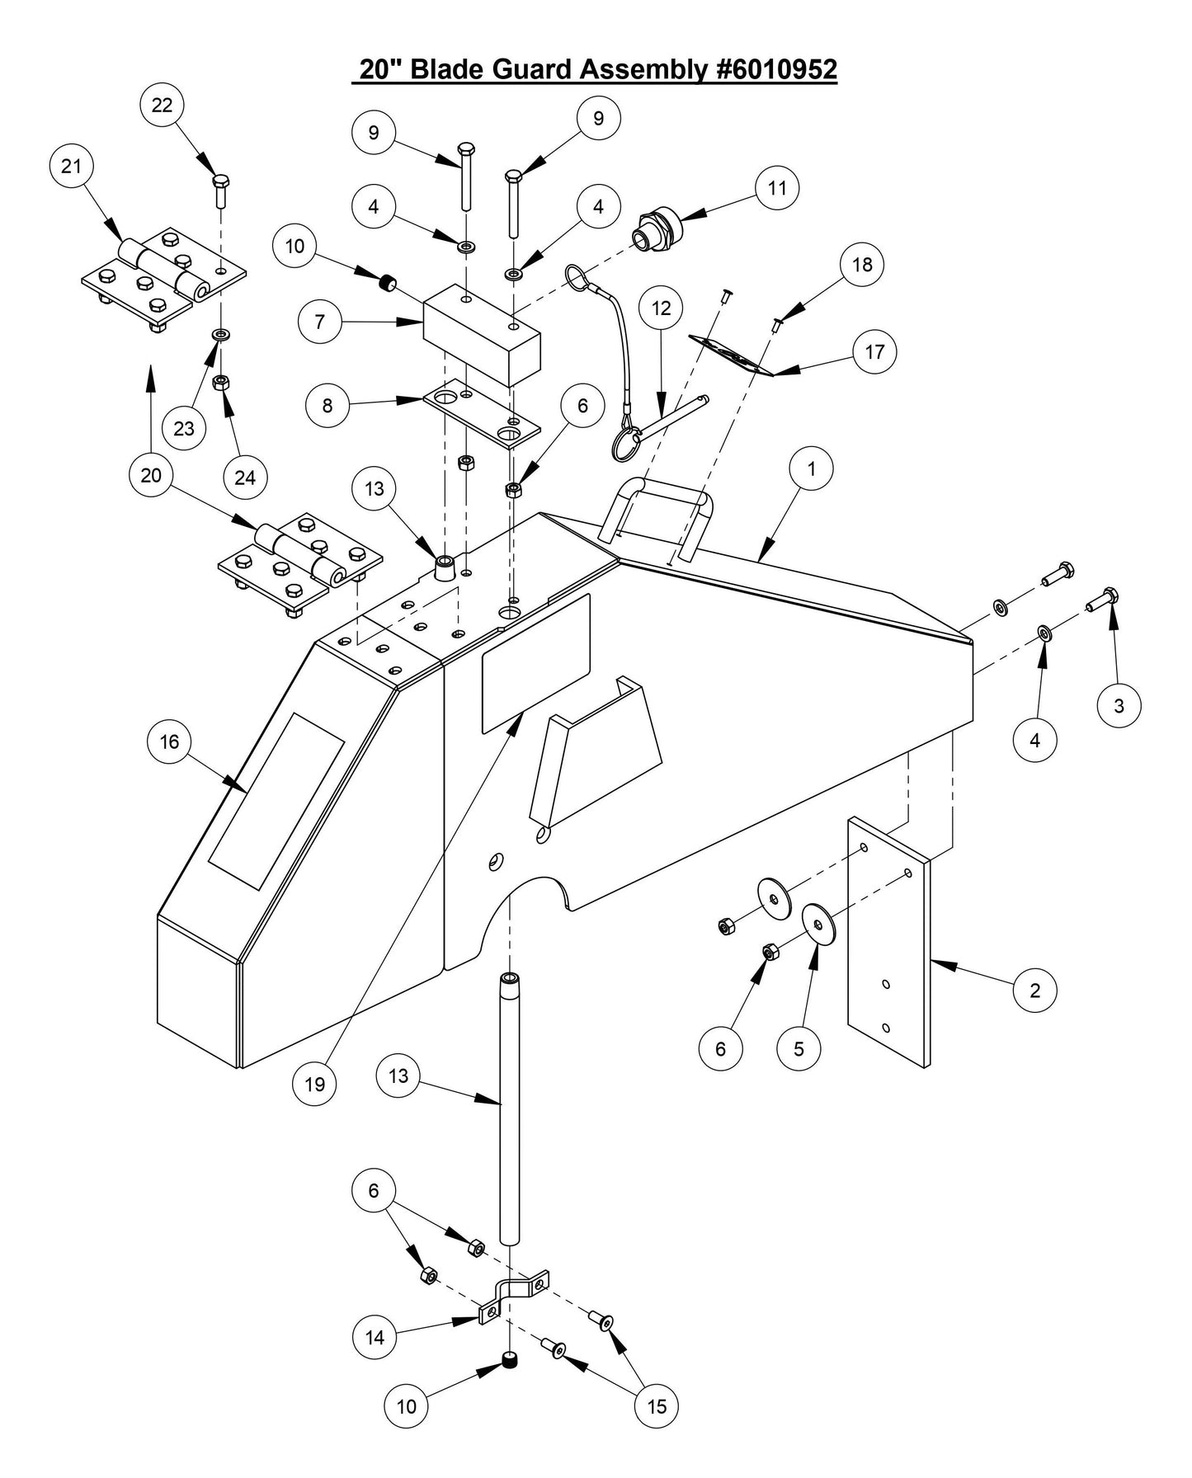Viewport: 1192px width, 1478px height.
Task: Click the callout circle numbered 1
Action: pyautogui.click(x=811, y=468)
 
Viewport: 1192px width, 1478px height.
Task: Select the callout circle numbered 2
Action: pyautogui.click(x=1034, y=990)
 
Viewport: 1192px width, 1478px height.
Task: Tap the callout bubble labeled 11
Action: pyautogui.click(x=777, y=188)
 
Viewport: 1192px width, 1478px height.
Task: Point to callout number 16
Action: pyautogui.click(x=169, y=741)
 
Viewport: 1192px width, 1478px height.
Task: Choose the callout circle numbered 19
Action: pyautogui.click(x=315, y=1084)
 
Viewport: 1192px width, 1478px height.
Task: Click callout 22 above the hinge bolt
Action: pyautogui.click(x=162, y=105)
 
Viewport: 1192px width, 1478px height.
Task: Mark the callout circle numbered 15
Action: pyautogui.click(x=657, y=1405)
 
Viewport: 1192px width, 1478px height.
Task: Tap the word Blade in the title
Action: pyautogui.click(x=448, y=69)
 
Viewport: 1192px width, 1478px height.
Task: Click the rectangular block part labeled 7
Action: pyautogui.click(x=481, y=336)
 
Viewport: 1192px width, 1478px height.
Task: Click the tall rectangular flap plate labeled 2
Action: pyautogui.click(x=888, y=940)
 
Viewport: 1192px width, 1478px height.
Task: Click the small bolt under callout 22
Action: pyautogui.click(x=221, y=191)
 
